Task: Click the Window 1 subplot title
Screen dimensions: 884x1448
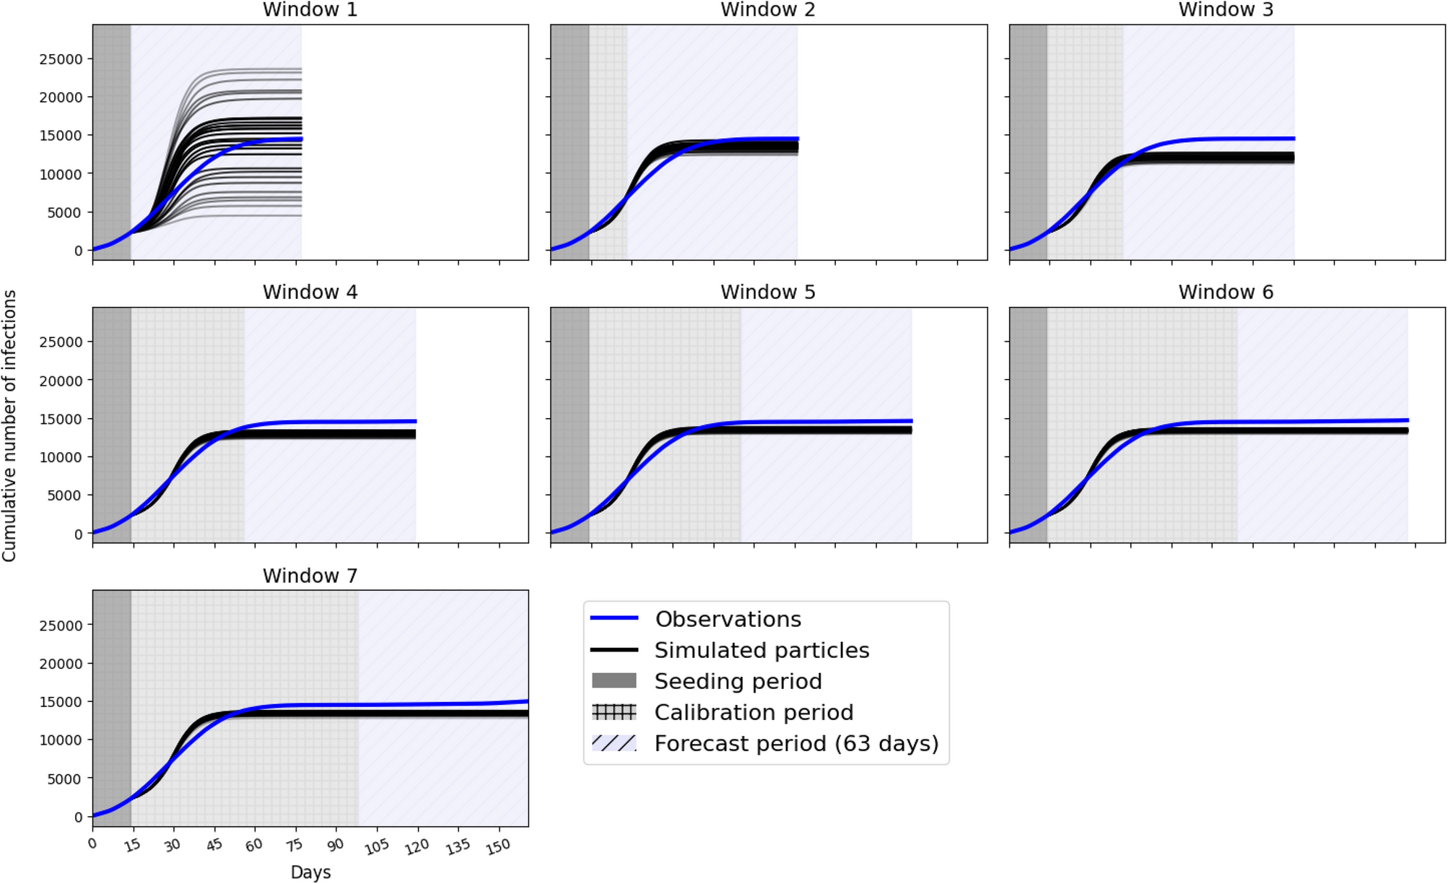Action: tap(310, 10)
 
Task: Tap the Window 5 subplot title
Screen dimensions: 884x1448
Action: tap(767, 292)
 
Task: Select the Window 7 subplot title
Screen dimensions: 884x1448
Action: tap(310, 576)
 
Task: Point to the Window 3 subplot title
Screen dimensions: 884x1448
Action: tap(1226, 10)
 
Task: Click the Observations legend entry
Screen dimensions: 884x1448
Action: tap(728, 620)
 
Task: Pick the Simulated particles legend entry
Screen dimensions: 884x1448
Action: tap(762, 651)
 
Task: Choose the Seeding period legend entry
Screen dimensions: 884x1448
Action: tap(738, 682)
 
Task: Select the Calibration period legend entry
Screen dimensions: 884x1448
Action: tap(754, 713)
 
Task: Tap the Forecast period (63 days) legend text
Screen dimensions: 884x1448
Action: tap(796, 744)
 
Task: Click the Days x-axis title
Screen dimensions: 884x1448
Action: tap(310, 872)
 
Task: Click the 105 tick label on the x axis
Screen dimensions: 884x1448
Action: tap(376, 847)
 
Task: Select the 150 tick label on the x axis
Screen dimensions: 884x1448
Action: tap(498, 847)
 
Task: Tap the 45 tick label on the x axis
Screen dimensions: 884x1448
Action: tap(214, 845)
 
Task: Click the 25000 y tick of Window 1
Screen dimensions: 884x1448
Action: tap(61, 59)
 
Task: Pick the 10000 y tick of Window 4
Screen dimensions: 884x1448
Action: tap(61, 457)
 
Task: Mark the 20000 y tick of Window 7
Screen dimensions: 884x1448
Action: tap(61, 664)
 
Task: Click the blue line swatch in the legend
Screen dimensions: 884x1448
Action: tap(614, 618)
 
